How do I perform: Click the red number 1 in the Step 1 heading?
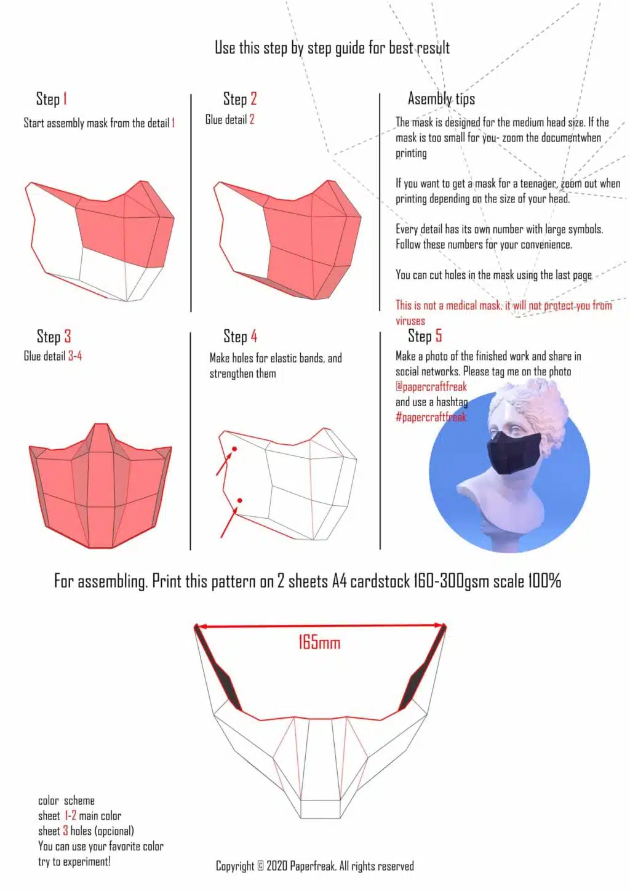(65, 98)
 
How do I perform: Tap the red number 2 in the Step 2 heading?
(253, 98)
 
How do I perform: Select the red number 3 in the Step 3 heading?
(67, 337)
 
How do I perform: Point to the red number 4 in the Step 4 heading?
(253, 337)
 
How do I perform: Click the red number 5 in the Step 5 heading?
(438, 336)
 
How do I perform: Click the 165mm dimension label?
(319, 643)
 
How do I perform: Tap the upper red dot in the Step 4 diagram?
(234, 449)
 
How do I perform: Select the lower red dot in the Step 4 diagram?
(239, 500)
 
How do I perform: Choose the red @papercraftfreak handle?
(431, 386)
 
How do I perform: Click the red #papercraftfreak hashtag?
(431, 417)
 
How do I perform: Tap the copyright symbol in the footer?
(260, 866)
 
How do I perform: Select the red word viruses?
(410, 321)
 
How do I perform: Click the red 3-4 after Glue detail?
(75, 356)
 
